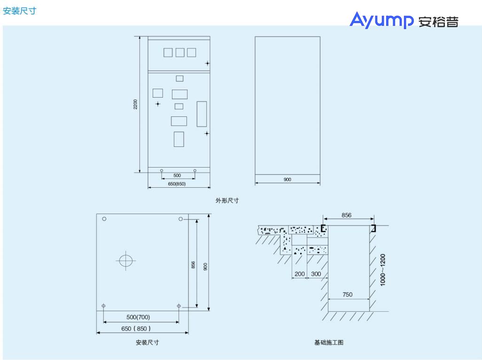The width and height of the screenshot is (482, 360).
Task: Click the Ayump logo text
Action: [x=381, y=20]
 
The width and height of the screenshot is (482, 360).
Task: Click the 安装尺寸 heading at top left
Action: [x=20, y=11]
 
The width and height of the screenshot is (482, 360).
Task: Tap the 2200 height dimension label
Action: [x=135, y=104]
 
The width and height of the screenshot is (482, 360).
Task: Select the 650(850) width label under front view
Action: [x=177, y=184]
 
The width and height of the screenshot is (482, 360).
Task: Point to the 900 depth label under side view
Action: [x=287, y=179]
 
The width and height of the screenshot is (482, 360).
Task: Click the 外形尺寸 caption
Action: [x=227, y=200]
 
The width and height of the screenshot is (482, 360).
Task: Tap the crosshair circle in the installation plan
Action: [x=126, y=261]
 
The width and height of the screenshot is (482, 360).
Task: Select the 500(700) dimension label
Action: [x=138, y=317]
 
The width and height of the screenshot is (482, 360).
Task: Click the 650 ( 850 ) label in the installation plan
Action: [x=136, y=329]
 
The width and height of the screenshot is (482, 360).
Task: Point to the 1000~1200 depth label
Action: [x=383, y=270]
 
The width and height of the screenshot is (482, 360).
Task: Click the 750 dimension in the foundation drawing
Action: [x=347, y=295]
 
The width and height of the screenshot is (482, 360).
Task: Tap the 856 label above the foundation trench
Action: [x=346, y=215]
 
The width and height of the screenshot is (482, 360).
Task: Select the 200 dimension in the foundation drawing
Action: [x=299, y=274]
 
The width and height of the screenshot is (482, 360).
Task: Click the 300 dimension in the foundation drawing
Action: [x=316, y=274]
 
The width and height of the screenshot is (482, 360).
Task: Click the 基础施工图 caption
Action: [x=328, y=343]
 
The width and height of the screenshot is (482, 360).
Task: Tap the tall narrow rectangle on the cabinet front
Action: [x=202, y=114]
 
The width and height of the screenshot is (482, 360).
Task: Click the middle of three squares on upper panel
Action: [x=180, y=53]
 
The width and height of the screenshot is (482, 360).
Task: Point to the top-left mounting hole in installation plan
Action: [x=104, y=219]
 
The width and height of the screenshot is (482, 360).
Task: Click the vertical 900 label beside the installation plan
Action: [x=205, y=267]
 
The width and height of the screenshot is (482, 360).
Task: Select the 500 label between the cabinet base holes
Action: [x=177, y=176]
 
